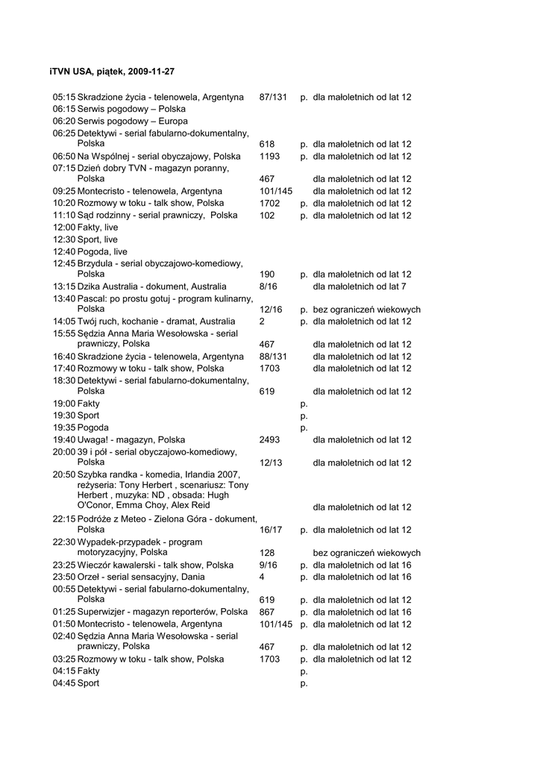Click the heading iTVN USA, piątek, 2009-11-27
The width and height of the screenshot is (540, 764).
click(112, 71)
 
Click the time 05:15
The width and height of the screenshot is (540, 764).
click(64, 97)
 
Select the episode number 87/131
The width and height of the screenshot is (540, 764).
click(273, 97)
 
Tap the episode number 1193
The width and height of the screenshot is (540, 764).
click(270, 157)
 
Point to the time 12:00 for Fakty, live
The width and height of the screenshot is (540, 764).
click(64, 228)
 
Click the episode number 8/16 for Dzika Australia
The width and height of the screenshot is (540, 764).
click(269, 286)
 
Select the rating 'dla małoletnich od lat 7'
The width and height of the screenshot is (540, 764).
click(360, 286)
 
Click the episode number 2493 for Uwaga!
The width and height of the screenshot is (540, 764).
click(270, 440)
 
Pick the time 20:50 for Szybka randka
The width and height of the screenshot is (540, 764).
click(64, 475)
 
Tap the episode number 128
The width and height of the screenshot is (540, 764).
click(267, 553)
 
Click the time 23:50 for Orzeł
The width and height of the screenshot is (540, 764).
click(64, 577)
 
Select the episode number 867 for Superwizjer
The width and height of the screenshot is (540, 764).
click(267, 612)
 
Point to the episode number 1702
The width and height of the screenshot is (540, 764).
click(270, 203)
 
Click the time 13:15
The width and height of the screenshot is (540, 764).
click(64, 286)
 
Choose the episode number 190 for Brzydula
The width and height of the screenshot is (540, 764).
click(267, 275)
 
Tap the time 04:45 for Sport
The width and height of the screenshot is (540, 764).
click(64, 683)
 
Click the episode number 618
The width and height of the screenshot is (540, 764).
click(267, 144)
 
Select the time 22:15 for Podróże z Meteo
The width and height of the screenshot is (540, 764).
click(64, 519)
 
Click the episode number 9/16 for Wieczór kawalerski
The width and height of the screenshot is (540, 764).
click(269, 565)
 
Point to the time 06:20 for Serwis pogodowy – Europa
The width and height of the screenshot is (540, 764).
click(64, 121)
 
